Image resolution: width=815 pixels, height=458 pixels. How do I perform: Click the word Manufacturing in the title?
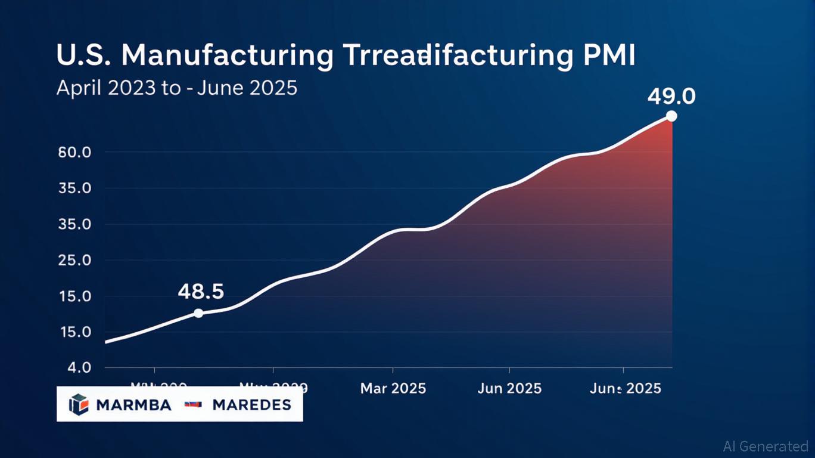pyautogui.click(x=227, y=55)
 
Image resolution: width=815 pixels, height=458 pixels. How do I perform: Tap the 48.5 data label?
pyautogui.click(x=201, y=292)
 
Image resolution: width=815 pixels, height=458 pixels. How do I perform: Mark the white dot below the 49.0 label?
pyautogui.click(x=671, y=116)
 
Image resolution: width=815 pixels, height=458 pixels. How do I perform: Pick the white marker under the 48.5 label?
pyautogui.click(x=198, y=313)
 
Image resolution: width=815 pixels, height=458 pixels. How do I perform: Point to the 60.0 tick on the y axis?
pyautogui.click(x=74, y=152)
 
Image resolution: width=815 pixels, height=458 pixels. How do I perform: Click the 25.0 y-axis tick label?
pyautogui.click(x=74, y=261)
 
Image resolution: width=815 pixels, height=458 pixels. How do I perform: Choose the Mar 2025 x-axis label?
pyautogui.click(x=393, y=389)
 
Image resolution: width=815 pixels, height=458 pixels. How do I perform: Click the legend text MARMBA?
pyautogui.click(x=133, y=406)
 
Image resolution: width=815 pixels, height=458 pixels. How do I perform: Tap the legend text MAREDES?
pyautogui.click(x=251, y=406)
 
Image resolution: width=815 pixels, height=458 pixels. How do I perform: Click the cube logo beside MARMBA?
pyautogui.click(x=79, y=405)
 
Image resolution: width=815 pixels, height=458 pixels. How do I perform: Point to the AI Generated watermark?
pyautogui.click(x=766, y=446)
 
